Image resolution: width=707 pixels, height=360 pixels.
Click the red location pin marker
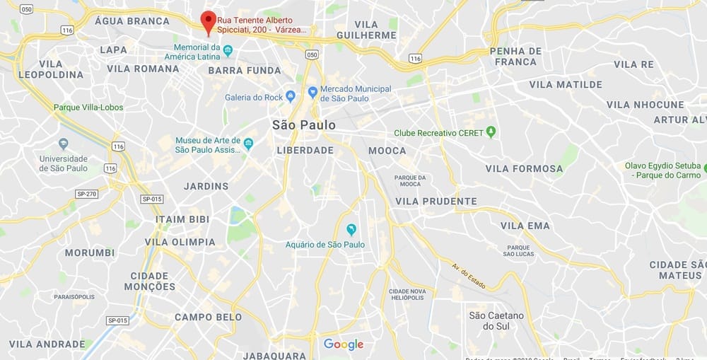208,21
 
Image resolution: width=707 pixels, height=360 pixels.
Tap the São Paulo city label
304,125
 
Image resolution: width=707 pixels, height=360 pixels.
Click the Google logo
344,344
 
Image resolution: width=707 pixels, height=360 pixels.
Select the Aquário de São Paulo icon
351,230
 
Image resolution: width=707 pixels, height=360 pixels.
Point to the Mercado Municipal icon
312,93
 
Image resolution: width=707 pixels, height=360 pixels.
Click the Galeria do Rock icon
290,97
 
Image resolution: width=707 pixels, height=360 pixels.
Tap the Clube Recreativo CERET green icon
491,132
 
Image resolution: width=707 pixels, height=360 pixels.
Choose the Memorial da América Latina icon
228,51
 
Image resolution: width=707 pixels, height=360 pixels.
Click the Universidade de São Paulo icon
63,144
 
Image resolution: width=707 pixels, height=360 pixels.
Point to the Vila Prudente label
436,201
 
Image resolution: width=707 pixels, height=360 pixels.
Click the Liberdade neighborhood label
305,150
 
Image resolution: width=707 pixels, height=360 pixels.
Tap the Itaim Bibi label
182,219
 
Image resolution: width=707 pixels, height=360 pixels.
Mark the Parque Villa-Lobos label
88,108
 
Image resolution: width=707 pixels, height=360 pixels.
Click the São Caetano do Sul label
496,320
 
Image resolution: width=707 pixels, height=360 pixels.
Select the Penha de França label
516,56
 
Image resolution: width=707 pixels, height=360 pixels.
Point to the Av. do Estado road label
469,276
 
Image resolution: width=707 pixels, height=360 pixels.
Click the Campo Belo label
208,317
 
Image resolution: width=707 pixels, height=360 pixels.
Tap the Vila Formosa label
524,168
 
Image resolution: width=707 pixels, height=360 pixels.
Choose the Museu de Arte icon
248,144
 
